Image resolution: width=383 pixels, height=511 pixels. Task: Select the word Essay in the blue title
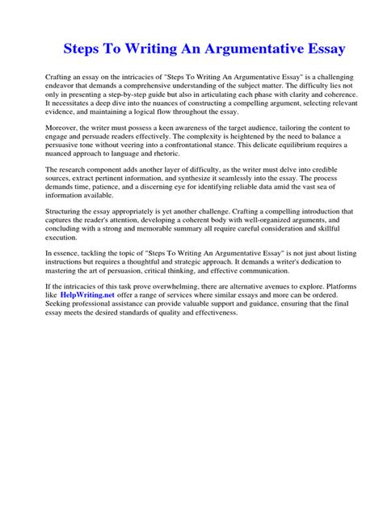tap(322, 49)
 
